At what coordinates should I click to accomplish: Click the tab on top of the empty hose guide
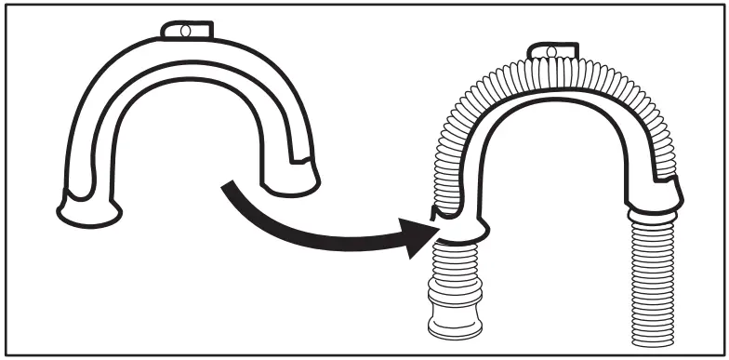(x=185, y=31)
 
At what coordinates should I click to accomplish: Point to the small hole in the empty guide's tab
(x=184, y=31)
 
